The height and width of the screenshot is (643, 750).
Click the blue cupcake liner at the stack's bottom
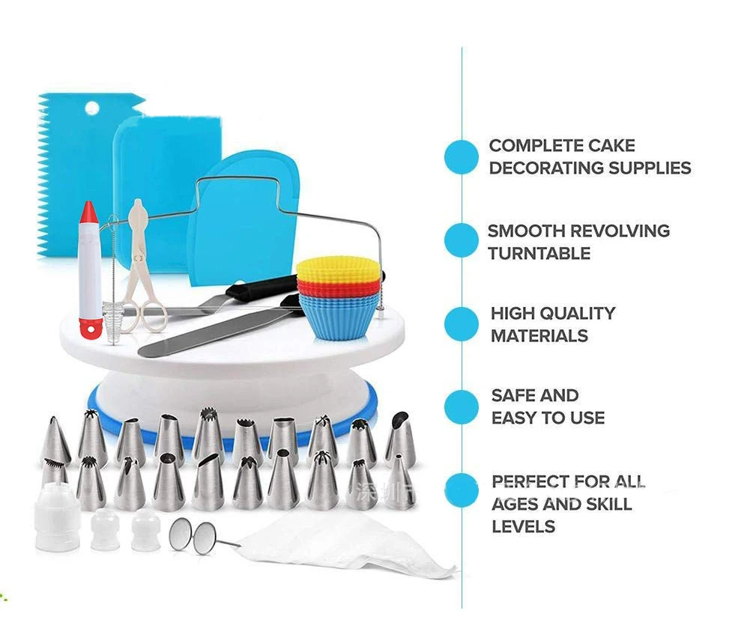coord(339,318)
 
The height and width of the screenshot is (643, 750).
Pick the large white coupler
coord(57,516)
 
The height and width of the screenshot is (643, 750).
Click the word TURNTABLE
coord(539,254)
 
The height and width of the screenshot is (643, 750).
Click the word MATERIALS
coord(539,336)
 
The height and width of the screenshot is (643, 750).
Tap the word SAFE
coord(514,396)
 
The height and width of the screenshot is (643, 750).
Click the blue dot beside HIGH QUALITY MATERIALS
coord(461,324)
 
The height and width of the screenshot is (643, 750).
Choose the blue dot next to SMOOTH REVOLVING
coord(461,241)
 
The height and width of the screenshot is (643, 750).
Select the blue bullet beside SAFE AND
coord(461,407)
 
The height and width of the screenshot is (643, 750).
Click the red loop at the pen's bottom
coord(91,326)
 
